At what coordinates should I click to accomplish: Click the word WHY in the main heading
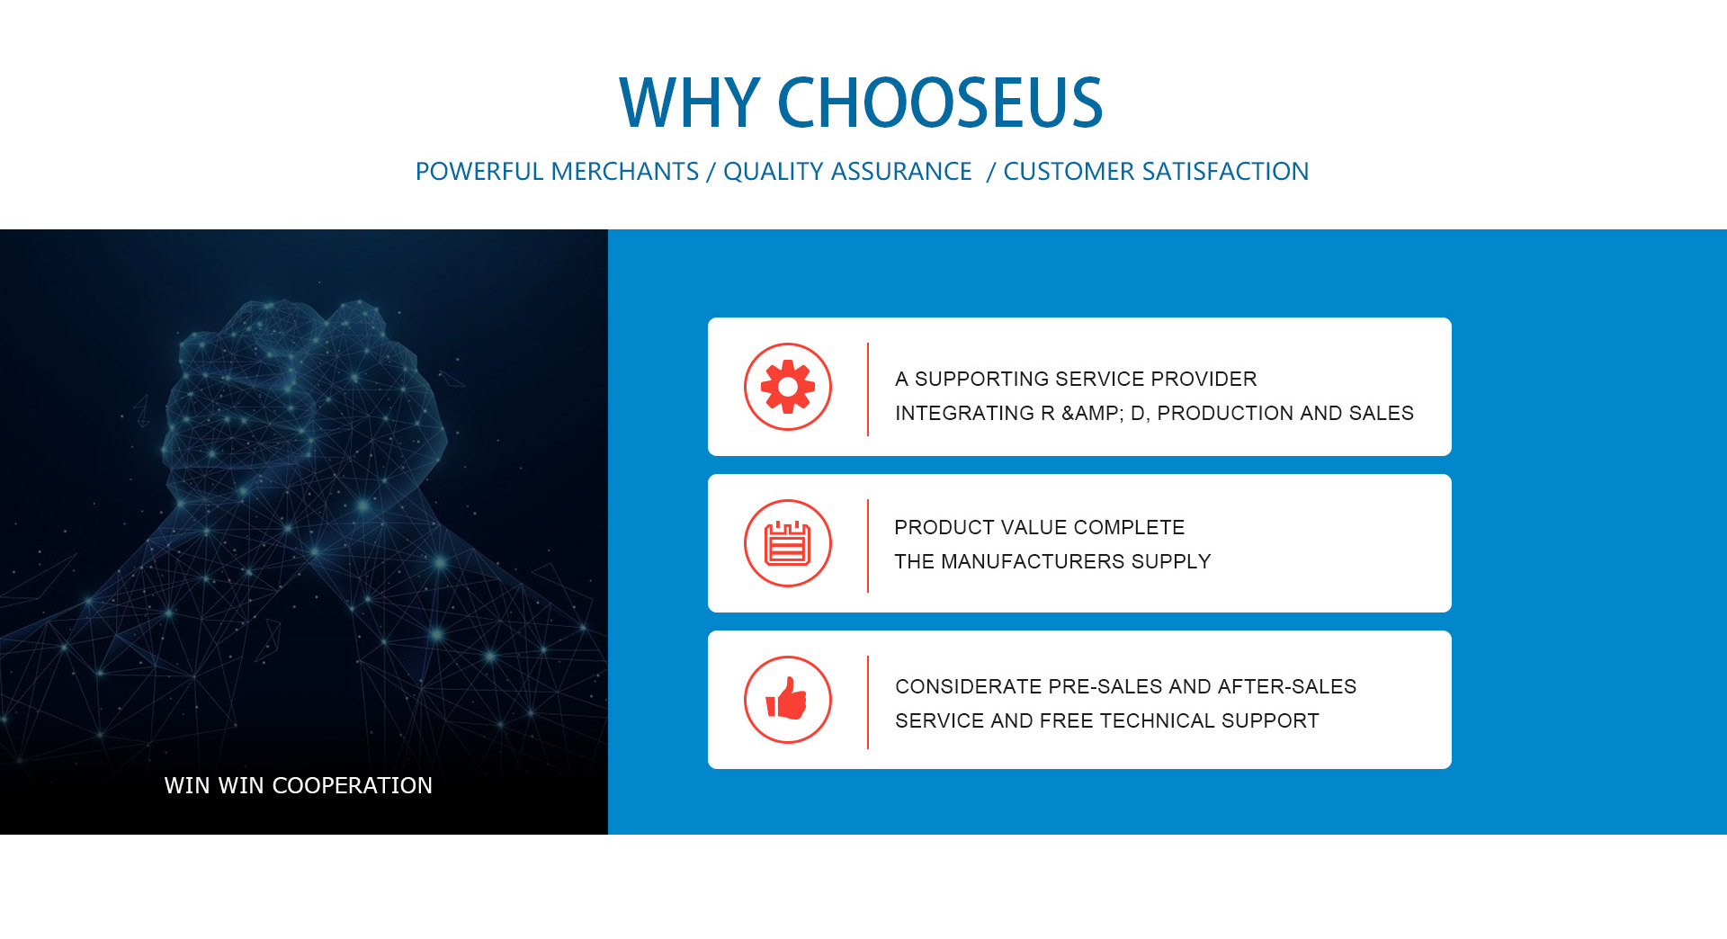coord(690,103)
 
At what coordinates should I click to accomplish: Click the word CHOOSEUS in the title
coord(940,103)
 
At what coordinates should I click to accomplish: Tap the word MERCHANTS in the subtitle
coord(625,171)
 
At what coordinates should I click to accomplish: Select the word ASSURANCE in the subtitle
coord(901,171)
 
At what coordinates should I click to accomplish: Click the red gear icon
coord(788,387)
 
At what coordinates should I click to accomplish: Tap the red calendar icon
coord(788,543)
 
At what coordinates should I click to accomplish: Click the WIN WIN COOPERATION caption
coord(299,785)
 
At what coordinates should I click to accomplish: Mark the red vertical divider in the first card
coord(868,389)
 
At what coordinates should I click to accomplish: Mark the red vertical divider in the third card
coord(868,702)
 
